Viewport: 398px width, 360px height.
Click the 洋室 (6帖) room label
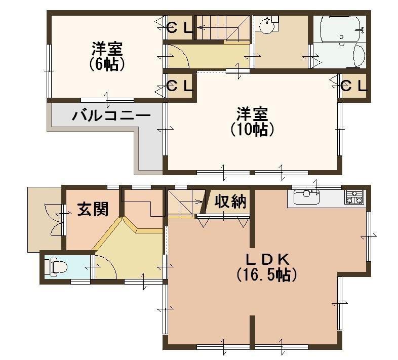[x=107, y=57]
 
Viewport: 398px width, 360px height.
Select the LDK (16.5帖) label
[x=267, y=267]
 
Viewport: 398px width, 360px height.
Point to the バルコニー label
[x=111, y=115]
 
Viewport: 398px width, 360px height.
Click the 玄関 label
[x=93, y=209]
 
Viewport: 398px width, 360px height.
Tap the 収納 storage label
[x=230, y=202]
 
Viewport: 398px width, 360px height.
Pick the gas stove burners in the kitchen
[x=354, y=197]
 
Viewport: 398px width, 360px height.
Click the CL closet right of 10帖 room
[x=353, y=86]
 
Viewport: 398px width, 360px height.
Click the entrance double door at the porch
[x=55, y=219]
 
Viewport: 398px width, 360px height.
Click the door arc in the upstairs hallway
[x=179, y=57]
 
